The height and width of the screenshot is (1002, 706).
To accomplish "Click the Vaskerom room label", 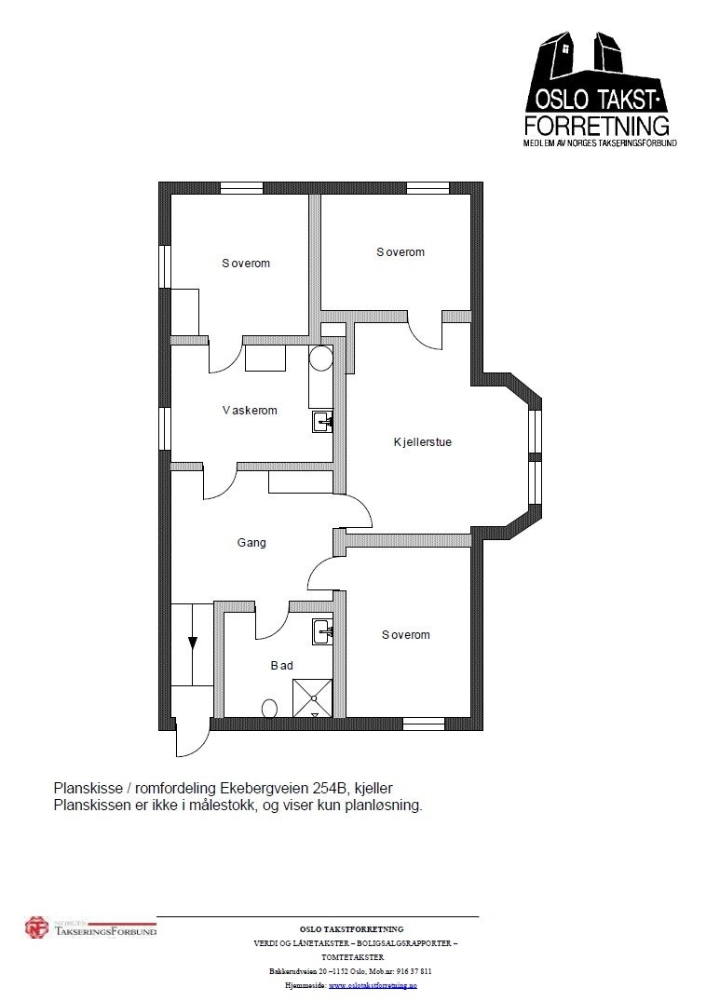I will (250, 410).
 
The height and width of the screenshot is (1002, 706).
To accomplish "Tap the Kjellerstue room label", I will (422, 442).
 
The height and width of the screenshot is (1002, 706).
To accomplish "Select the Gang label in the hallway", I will (251, 542).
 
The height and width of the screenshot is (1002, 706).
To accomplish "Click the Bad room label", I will (281, 665).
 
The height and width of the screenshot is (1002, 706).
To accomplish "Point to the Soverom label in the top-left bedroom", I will (246, 264).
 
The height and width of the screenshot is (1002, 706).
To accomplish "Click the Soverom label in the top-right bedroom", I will (401, 252).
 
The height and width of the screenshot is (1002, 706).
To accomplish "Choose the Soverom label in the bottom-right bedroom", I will (406, 635).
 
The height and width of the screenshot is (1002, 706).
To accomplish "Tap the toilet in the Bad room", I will (270, 709).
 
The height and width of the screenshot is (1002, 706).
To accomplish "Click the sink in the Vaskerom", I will (322, 422).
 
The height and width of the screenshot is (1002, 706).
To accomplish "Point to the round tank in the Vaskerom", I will (320, 359).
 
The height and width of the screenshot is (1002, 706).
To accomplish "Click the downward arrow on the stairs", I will (193, 643).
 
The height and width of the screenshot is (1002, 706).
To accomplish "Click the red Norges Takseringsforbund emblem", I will (36, 928).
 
